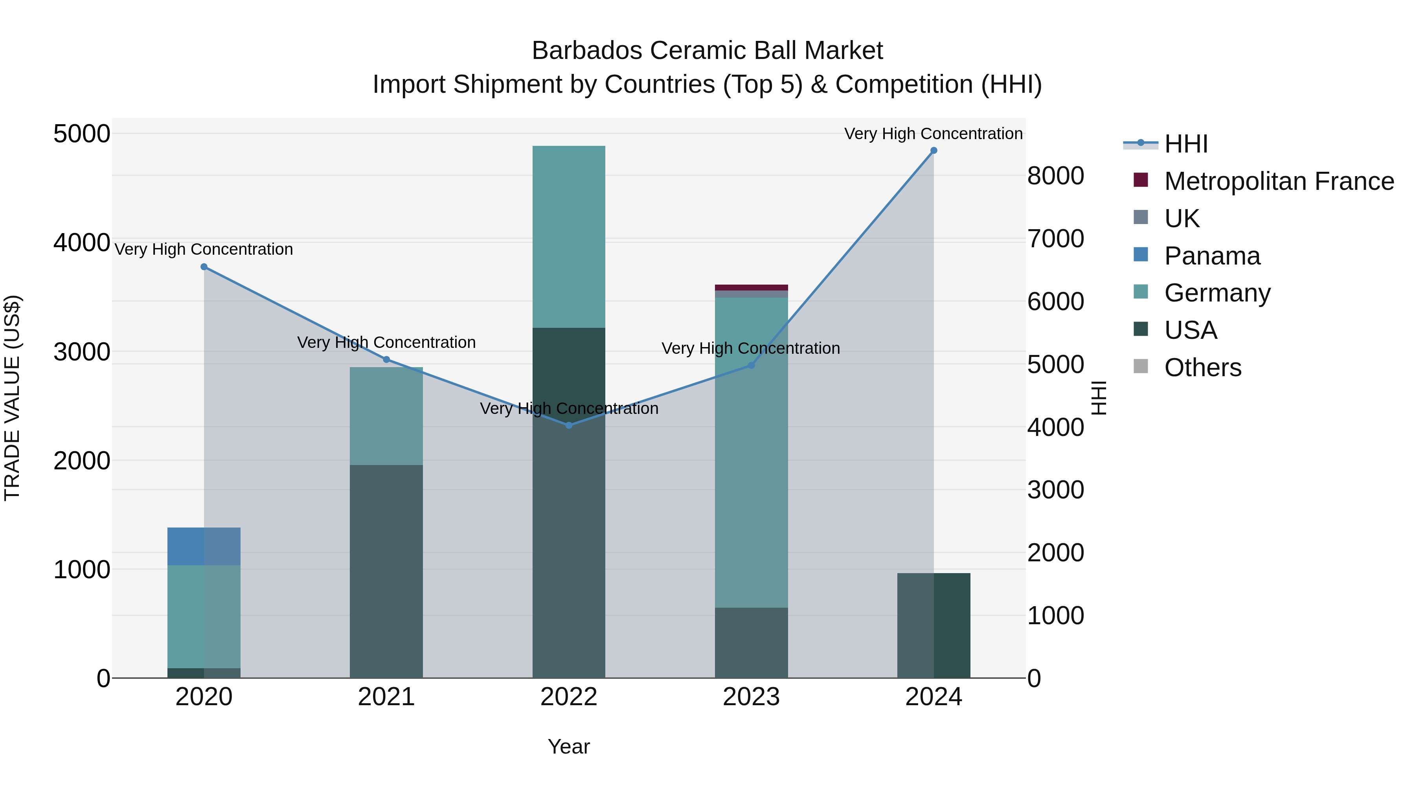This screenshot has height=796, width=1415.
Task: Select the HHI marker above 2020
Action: click(x=204, y=267)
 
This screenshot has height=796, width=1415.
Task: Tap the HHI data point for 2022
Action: click(x=569, y=425)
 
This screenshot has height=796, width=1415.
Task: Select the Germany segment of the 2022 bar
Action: click(x=569, y=236)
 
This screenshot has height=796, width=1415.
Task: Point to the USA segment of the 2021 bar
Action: click(x=386, y=571)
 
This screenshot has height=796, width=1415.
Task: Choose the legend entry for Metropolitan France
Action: click(x=1279, y=181)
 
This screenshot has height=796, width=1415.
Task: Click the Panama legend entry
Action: click(x=1212, y=256)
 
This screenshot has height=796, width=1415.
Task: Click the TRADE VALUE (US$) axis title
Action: click(x=12, y=398)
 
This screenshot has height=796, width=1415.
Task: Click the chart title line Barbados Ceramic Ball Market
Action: click(x=707, y=51)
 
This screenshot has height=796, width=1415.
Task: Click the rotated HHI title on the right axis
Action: click(x=1098, y=398)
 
